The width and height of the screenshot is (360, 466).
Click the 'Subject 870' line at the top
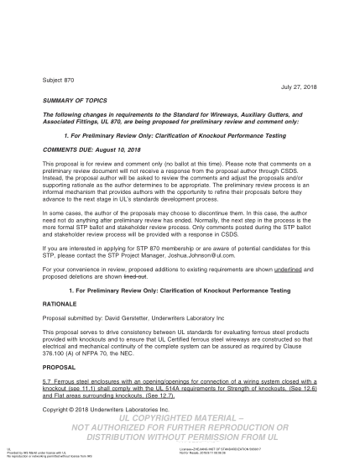(60, 80)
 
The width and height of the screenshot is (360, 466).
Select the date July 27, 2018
(299, 87)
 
